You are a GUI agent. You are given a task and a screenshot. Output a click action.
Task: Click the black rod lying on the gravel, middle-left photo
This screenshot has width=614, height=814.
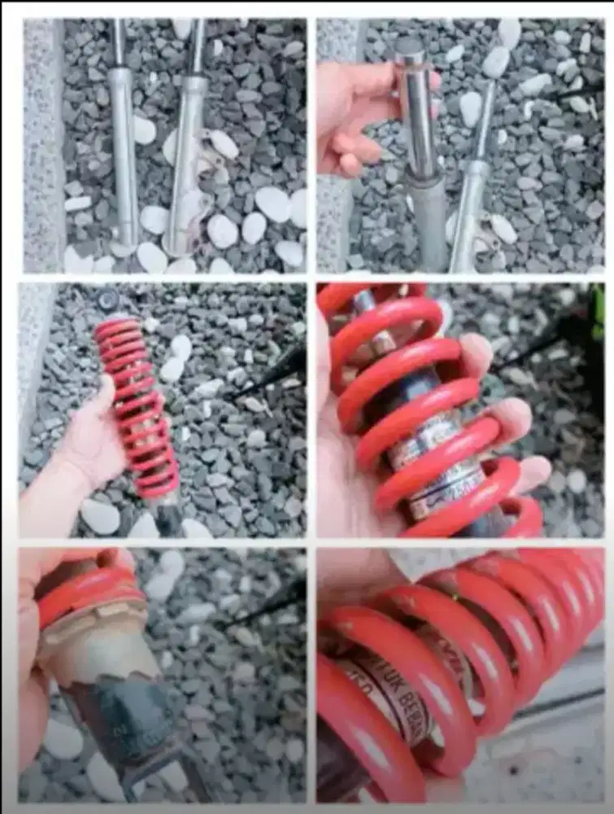pyautogui.click(x=268, y=374)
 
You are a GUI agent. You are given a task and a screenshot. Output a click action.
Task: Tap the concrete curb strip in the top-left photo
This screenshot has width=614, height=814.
pyautogui.click(x=42, y=147)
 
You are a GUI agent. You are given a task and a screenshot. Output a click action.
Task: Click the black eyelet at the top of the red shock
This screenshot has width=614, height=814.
pyautogui.click(x=108, y=301)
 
